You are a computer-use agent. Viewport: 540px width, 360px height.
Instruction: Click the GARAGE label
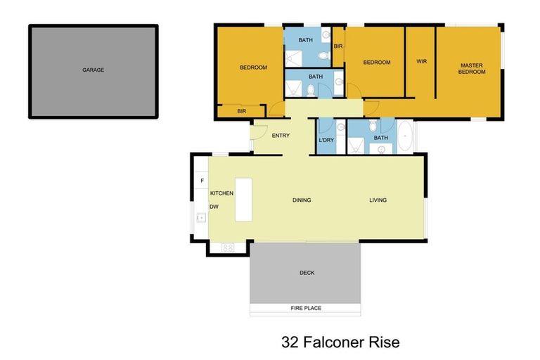(93, 70)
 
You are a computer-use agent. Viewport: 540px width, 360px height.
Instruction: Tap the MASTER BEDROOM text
(471, 67)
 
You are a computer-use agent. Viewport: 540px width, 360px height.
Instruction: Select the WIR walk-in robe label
(421, 61)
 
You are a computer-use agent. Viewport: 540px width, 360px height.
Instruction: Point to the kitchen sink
(201, 218)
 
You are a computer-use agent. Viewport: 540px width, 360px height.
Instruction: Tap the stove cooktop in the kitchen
(228, 247)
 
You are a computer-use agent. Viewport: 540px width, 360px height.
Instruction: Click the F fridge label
(202, 181)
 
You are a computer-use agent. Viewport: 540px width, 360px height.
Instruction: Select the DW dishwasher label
(214, 207)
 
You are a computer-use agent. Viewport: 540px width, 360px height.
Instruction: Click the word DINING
(302, 200)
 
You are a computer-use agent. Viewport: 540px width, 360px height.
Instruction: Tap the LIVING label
(378, 200)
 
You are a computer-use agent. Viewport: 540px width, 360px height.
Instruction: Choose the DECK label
(307, 273)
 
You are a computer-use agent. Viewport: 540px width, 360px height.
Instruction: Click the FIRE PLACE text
(305, 309)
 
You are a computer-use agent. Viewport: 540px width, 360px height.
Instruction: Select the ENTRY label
(281, 136)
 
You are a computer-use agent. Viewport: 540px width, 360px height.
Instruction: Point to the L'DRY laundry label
(326, 140)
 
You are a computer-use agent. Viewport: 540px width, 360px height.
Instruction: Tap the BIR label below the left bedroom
(241, 111)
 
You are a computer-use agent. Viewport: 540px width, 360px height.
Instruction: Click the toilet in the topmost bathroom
(322, 56)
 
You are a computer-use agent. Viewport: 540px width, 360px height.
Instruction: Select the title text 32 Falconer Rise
(340, 342)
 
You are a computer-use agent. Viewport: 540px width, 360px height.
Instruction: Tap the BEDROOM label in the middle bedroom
(376, 63)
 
